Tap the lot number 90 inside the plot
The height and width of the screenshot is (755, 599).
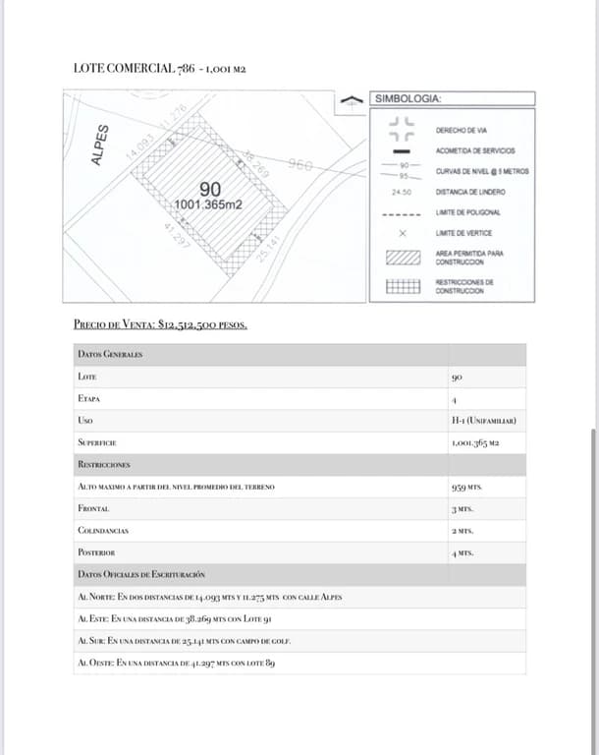pos(209,190)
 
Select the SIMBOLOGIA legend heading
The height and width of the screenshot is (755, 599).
pos(408,98)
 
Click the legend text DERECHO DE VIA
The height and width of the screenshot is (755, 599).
pos(467,130)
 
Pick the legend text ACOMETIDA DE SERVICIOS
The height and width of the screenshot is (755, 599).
pos(474,150)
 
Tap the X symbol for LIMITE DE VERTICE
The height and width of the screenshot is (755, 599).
pos(402,234)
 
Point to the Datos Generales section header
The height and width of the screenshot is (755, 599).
pos(110,354)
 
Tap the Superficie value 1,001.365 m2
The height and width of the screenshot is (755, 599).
pos(475,443)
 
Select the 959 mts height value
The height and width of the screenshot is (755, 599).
pos(466,487)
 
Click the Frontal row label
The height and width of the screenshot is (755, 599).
pos(93,508)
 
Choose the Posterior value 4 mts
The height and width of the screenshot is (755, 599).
pos(463,553)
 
